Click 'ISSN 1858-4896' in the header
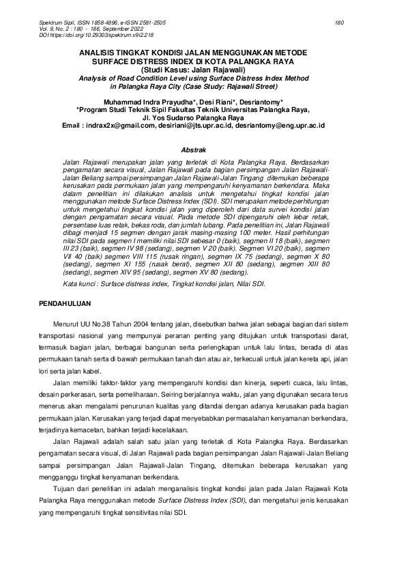(x=97, y=23)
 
